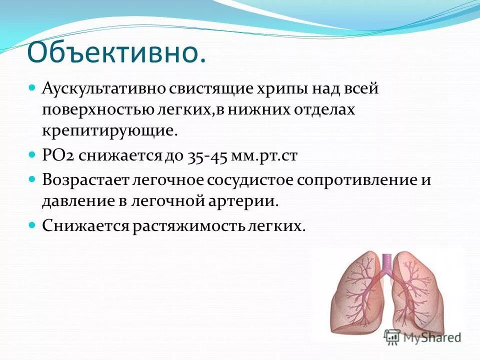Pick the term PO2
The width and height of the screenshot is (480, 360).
click(57, 156)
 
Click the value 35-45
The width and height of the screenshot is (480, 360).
click(208, 156)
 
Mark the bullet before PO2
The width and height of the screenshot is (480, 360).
click(32, 155)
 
